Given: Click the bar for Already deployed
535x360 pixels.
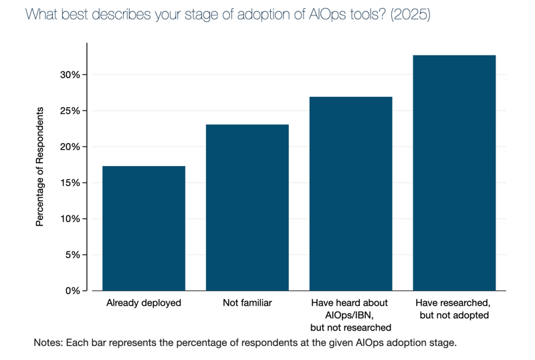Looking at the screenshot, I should pos(143,228).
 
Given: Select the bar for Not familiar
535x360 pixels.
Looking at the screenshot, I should pos(247,207).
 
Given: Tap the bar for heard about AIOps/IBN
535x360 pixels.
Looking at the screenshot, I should pos(351,193).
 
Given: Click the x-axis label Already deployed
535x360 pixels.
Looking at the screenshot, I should pos(144,303).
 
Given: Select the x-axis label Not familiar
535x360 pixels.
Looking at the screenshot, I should pos(247,303).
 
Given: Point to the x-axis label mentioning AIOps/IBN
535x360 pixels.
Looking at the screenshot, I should pos(351,315).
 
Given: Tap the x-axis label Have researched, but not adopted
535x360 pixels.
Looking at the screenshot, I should pos(455,309).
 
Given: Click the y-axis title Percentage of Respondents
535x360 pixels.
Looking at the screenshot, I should pos(39,166).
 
